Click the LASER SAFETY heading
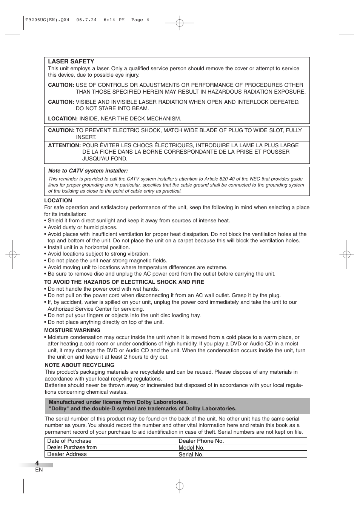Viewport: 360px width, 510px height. (71, 62)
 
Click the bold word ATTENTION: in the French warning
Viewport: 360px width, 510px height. (64, 145)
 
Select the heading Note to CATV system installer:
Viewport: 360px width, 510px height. (88, 171)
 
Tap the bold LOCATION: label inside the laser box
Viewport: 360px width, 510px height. (63, 119)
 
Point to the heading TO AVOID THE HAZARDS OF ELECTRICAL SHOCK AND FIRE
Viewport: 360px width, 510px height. (124, 282)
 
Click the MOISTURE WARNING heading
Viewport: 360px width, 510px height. (72, 330)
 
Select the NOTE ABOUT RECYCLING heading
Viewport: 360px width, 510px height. (79, 365)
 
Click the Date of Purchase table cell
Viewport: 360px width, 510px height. (69, 441)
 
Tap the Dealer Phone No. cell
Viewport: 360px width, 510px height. (201, 441)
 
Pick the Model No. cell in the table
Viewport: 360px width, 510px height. (191, 448)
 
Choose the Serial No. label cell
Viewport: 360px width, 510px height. (191, 455)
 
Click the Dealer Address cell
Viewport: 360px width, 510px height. (67, 454)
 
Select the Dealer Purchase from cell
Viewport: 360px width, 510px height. (72, 447)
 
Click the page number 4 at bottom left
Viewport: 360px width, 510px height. (37, 463)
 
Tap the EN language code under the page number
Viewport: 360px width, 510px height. (39, 470)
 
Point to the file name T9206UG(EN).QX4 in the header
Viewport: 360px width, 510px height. (47, 20)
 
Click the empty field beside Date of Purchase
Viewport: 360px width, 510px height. (137, 441)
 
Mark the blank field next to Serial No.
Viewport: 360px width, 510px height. (268, 454)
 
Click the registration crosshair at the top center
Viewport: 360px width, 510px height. (180, 23)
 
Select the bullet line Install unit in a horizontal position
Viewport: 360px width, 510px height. (89, 247)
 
